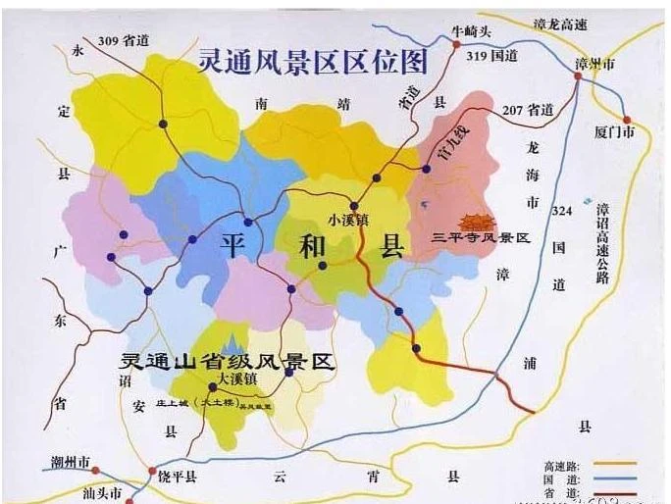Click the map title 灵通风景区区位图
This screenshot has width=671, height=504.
pos(313,62)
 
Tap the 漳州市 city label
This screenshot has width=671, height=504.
pos(594,63)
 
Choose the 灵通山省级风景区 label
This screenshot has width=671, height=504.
pos(225,361)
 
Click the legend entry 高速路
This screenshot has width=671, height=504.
pos(561,464)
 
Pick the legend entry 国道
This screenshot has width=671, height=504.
pos(561,479)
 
